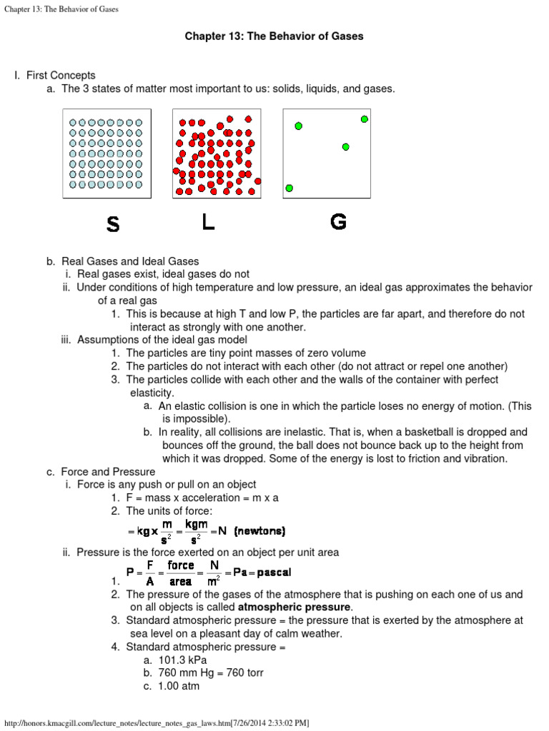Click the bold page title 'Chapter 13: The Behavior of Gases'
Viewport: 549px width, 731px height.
pyautogui.click(x=274, y=36)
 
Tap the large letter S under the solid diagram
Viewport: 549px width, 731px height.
pyautogui.click(x=113, y=225)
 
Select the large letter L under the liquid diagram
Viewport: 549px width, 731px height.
pyautogui.click(x=208, y=223)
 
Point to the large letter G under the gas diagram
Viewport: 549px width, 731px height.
pyautogui.click(x=338, y=223)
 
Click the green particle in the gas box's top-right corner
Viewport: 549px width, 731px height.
pyautogui.click(x=365, y=119)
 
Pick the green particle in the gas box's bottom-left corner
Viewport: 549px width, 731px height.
pyautogui.click(x=290, y=188)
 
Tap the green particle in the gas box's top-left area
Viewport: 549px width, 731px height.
pyautogui.click(x=298, y=126)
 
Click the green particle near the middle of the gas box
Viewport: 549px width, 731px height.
pyautogui.click(x=345, y=147)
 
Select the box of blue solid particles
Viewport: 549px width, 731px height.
pyautogui.click(x=107, y=153)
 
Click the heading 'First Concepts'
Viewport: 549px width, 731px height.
pyautogui.click(x=61, y=75)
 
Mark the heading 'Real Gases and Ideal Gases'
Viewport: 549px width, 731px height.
pyautogui.click(x=130, y=261)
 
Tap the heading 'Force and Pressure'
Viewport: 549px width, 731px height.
pyautogui.click(x=108, y=472)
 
